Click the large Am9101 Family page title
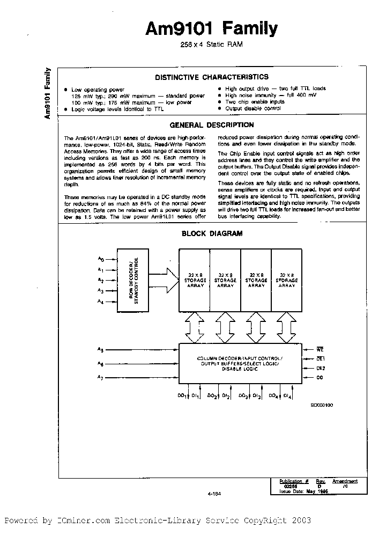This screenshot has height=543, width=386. (x=211, y=29)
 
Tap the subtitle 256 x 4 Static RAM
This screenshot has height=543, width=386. (x=211, y=45)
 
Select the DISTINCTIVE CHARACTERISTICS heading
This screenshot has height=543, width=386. (x=212, y=77)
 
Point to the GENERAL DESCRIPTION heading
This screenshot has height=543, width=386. (x=212, y=125)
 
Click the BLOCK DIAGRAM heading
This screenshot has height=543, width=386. (x=212, y=233)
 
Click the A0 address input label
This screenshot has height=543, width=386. (x=100, y=259)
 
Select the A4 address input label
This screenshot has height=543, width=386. (x=100, y=302)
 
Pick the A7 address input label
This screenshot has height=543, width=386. (x=100, y=379)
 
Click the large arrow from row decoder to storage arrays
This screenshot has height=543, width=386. (x=166, y=280)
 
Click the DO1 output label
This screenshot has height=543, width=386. (x=181, y=396)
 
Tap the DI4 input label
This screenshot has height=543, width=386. (x=287, y=396)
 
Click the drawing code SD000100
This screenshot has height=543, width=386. (x=322, y=406)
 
